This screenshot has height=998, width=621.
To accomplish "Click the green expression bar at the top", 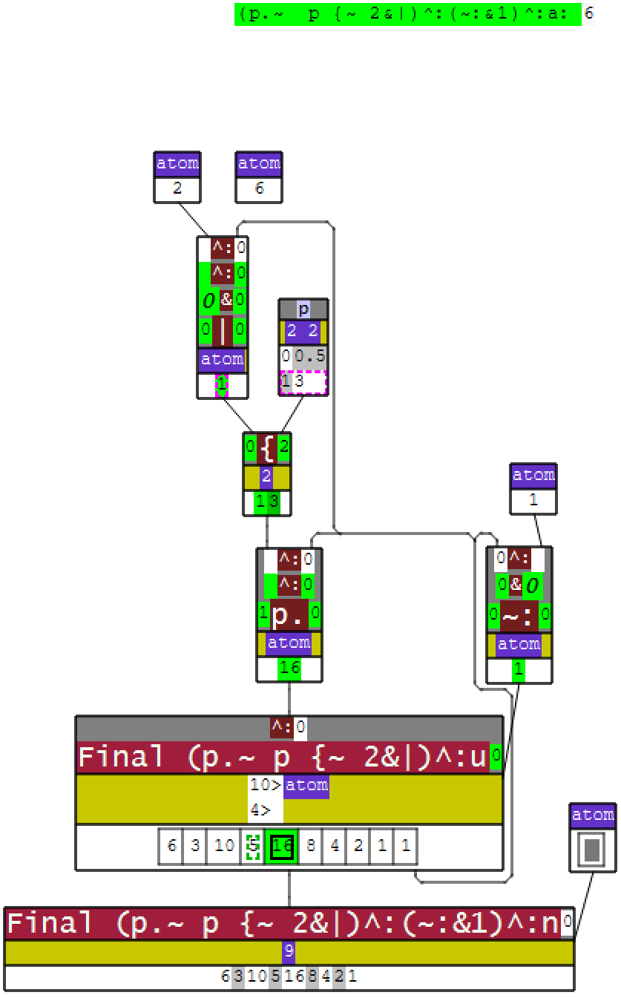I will coord(407,14).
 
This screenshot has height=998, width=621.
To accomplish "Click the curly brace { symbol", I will coord(266,448).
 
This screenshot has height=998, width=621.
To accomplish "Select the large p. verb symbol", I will coord(289,615).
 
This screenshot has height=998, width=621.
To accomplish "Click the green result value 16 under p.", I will coord(289,669).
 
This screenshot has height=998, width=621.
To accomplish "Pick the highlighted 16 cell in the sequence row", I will coord(281,847).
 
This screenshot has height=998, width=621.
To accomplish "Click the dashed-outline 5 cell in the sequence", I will coord(253,847).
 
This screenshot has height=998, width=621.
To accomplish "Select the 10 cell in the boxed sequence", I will coord(223,847).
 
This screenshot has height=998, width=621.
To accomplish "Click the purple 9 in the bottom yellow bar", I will coord(289,952).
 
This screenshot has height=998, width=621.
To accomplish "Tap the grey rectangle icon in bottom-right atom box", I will coord(592,850).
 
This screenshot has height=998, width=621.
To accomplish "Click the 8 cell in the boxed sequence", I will coord(311,847).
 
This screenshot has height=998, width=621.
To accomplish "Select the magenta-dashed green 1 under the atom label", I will coord(222,384).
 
